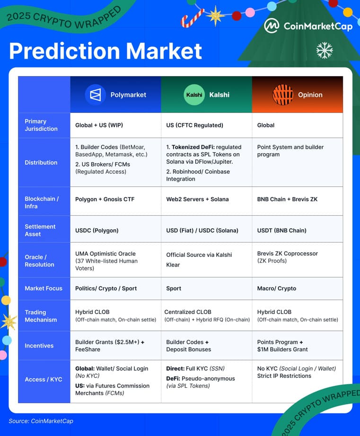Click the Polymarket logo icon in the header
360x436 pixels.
coord(96,95)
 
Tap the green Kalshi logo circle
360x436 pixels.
coord(194,95)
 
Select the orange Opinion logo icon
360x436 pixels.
coord(283,95)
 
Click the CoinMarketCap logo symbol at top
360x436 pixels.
coord(271,26)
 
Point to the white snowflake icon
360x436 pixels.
coord(325,50)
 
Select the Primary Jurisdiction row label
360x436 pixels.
coord(41,125)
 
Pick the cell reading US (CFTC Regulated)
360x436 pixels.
coord(194,125)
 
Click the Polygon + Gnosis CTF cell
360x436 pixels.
coord(105,199)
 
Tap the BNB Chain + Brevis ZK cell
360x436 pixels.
coord(287,199)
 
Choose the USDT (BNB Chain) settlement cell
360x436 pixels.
coord(281,230)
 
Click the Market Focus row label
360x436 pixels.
coord(44,288)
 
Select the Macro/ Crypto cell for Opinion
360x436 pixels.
coord(277,288)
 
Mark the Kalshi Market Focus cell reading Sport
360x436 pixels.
coord(174,288)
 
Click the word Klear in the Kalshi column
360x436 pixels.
coord(173,265)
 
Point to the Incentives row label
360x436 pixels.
coord(39,346)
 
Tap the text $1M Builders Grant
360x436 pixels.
coord(282,349)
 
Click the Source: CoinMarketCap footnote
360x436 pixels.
coord(41,421)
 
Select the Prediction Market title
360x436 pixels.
coord(105,51)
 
